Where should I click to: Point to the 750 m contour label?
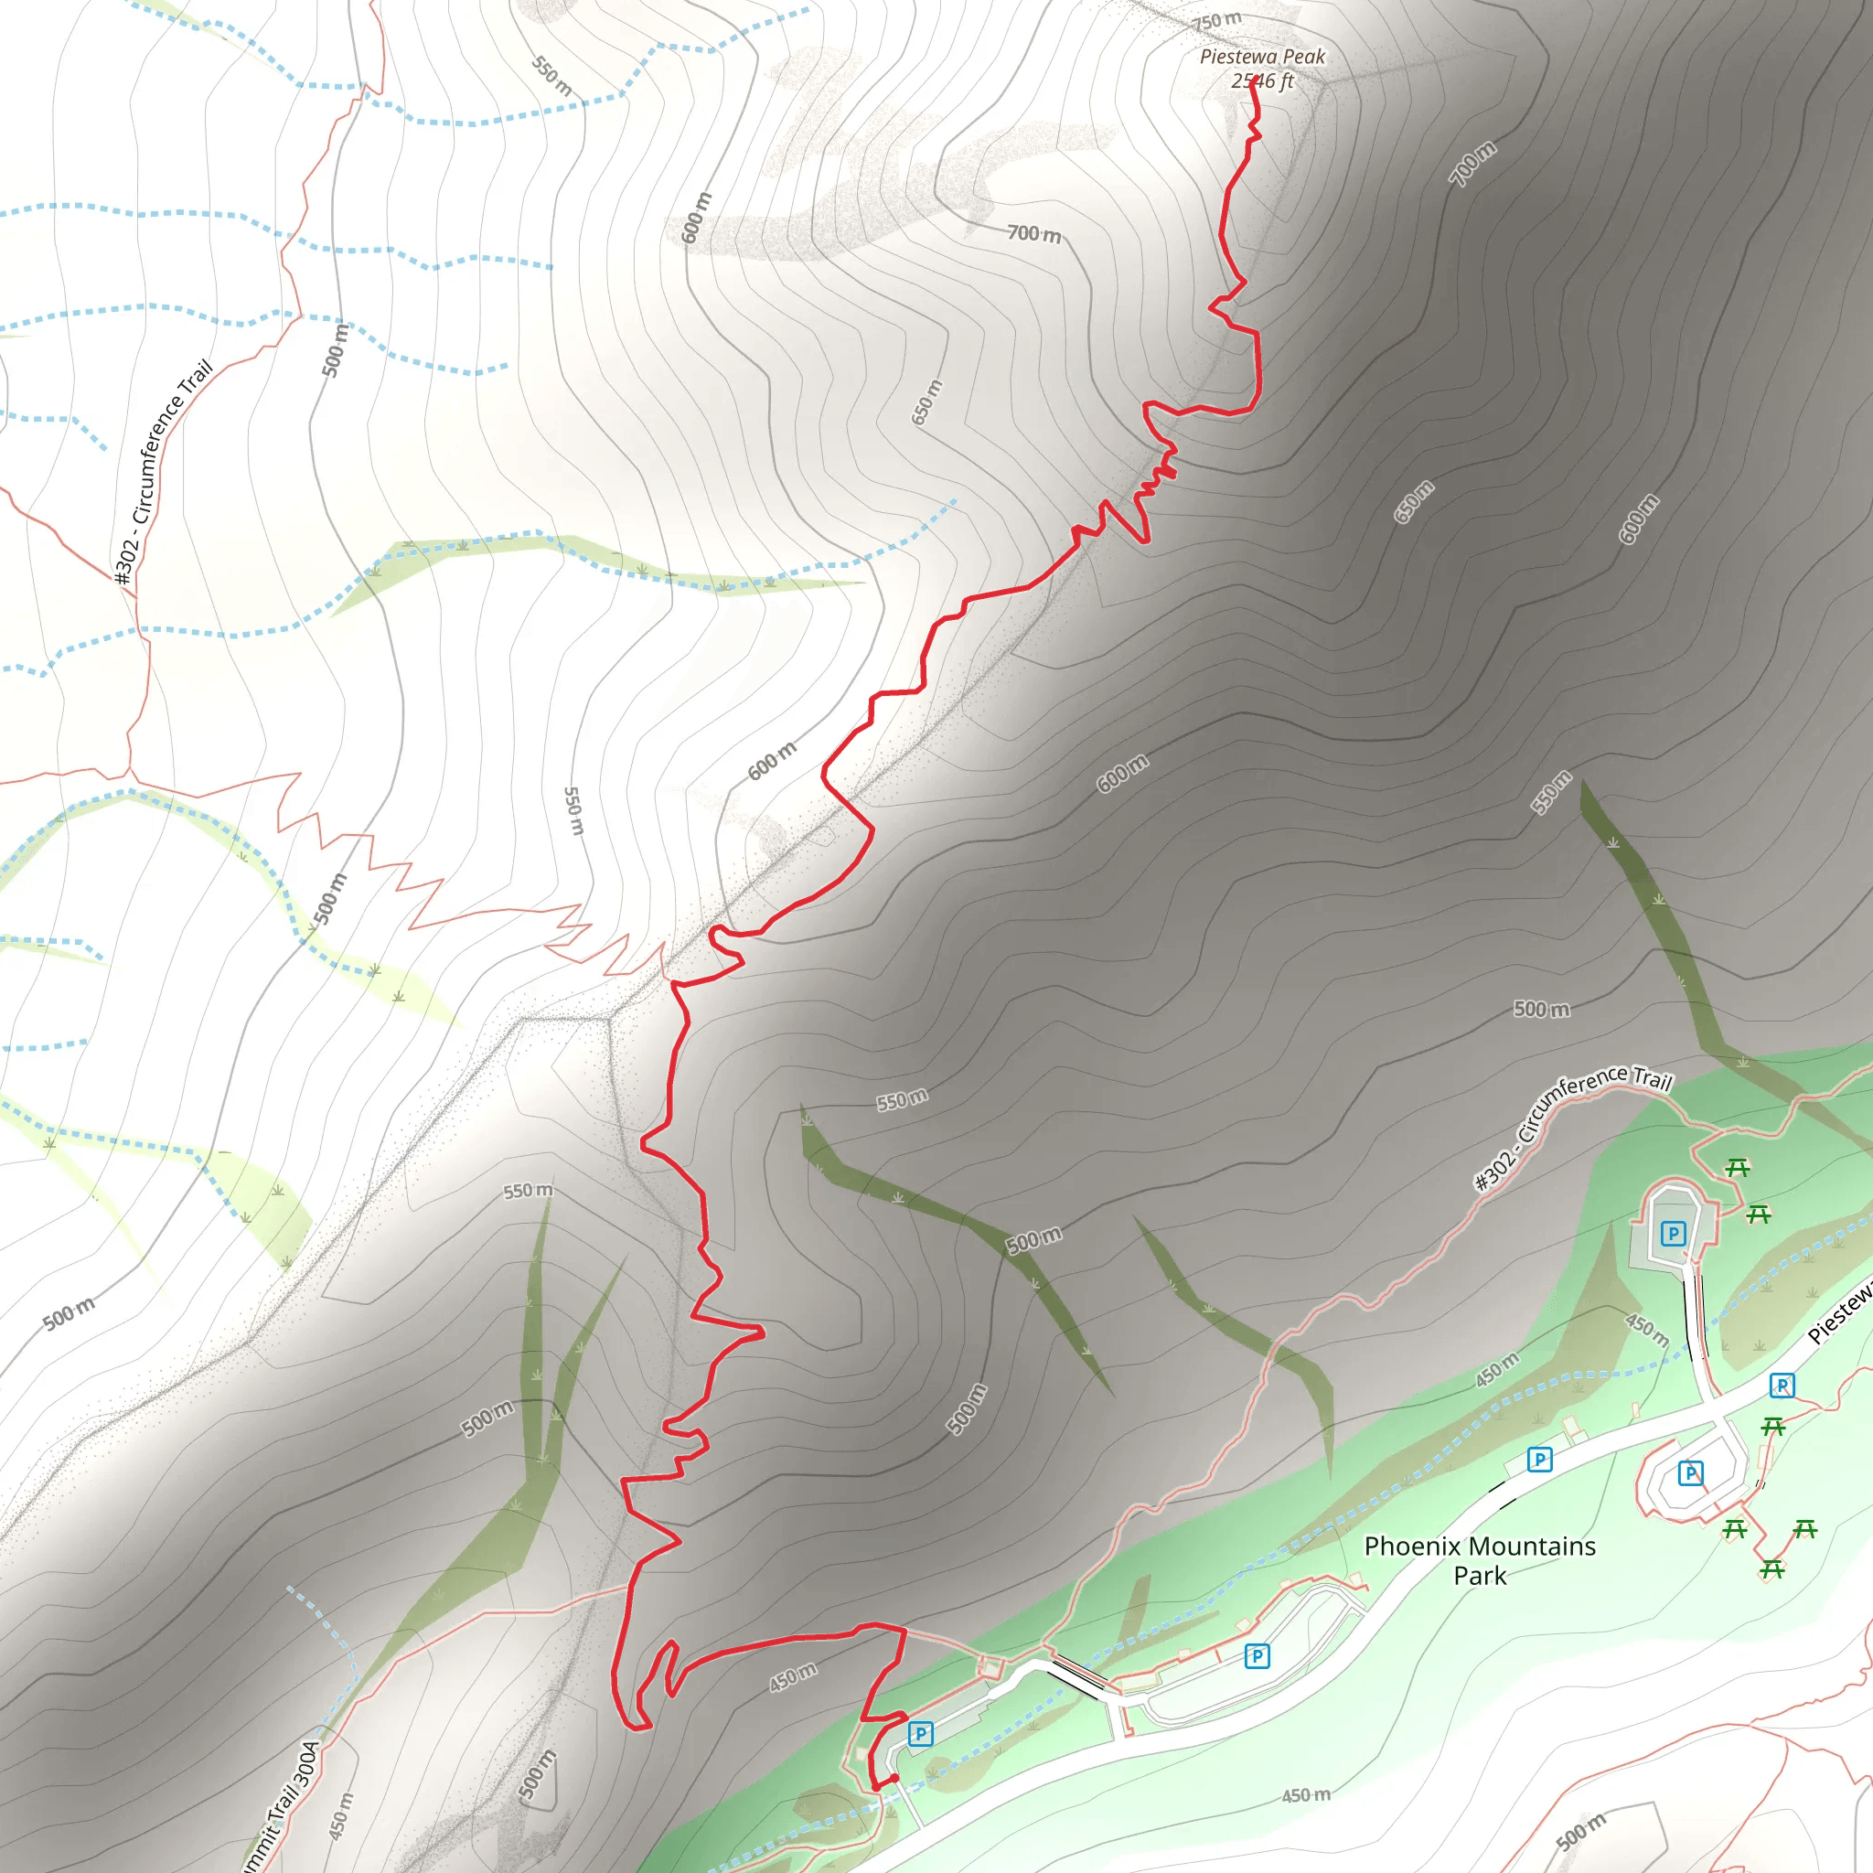[1216, 20]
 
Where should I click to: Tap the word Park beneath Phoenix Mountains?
[1480, 1577]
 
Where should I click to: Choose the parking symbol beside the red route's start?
[921, 1733]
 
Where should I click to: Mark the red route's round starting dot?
[894, 1778]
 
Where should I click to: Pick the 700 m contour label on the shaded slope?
[1472, 163]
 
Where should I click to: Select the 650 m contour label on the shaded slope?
[1414, 501]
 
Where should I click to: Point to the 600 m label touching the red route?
[773, 760]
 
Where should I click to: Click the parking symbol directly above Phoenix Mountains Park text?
[1539, 1459]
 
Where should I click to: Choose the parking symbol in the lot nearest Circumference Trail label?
[1674, 1233]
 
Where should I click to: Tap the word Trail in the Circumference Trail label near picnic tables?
[1652, 1078]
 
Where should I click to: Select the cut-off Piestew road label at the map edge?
[1840, 1313]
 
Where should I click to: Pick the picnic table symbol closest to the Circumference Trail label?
[1738, 1168]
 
